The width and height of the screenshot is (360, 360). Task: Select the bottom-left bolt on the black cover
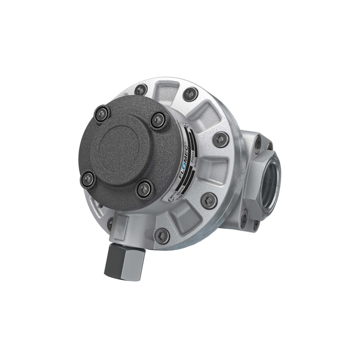tap(88, 178)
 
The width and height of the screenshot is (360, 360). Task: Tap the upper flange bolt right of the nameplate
tap(221, 138)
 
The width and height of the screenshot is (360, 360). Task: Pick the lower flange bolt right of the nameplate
tap(209, 200)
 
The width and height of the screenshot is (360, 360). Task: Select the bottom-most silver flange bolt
tap(162, 236)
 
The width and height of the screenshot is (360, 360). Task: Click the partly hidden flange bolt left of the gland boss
tap(110, 224)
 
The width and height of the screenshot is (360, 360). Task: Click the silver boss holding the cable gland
tap(121, 227)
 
